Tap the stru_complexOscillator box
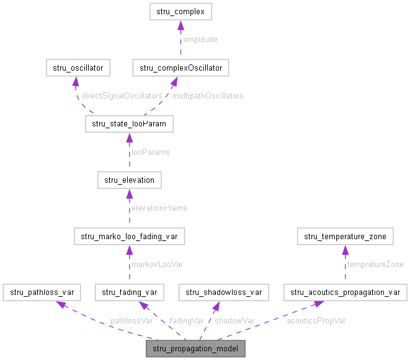point(181,68)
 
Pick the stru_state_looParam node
point(129,124)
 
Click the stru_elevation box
point(129,180)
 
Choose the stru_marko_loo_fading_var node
point(129,236)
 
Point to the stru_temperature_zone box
point(345,236)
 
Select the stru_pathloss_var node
point(43,292)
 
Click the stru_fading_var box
point(129,292)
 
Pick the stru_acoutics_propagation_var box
point(345,292)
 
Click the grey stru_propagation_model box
point(195,348)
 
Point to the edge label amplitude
point(200,40)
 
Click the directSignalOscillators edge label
point(122,96)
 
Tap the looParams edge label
point(150,152)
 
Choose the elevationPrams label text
point(159,208)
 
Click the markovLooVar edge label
point(157,264)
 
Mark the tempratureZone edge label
point(375,264)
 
